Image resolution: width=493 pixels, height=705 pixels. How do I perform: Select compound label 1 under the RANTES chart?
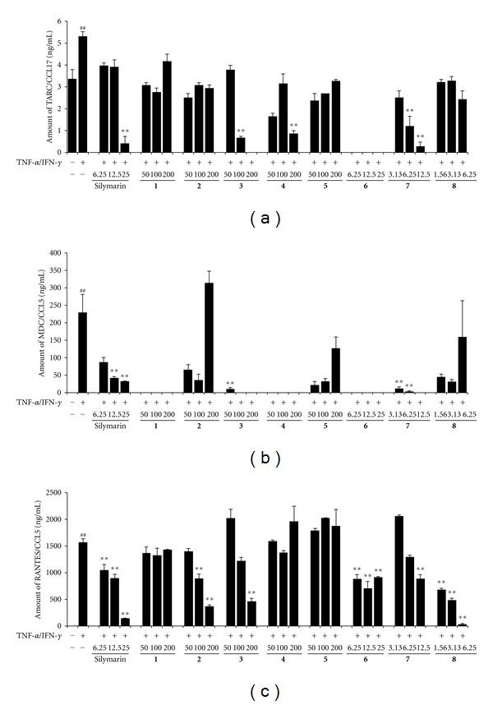point(157,658)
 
